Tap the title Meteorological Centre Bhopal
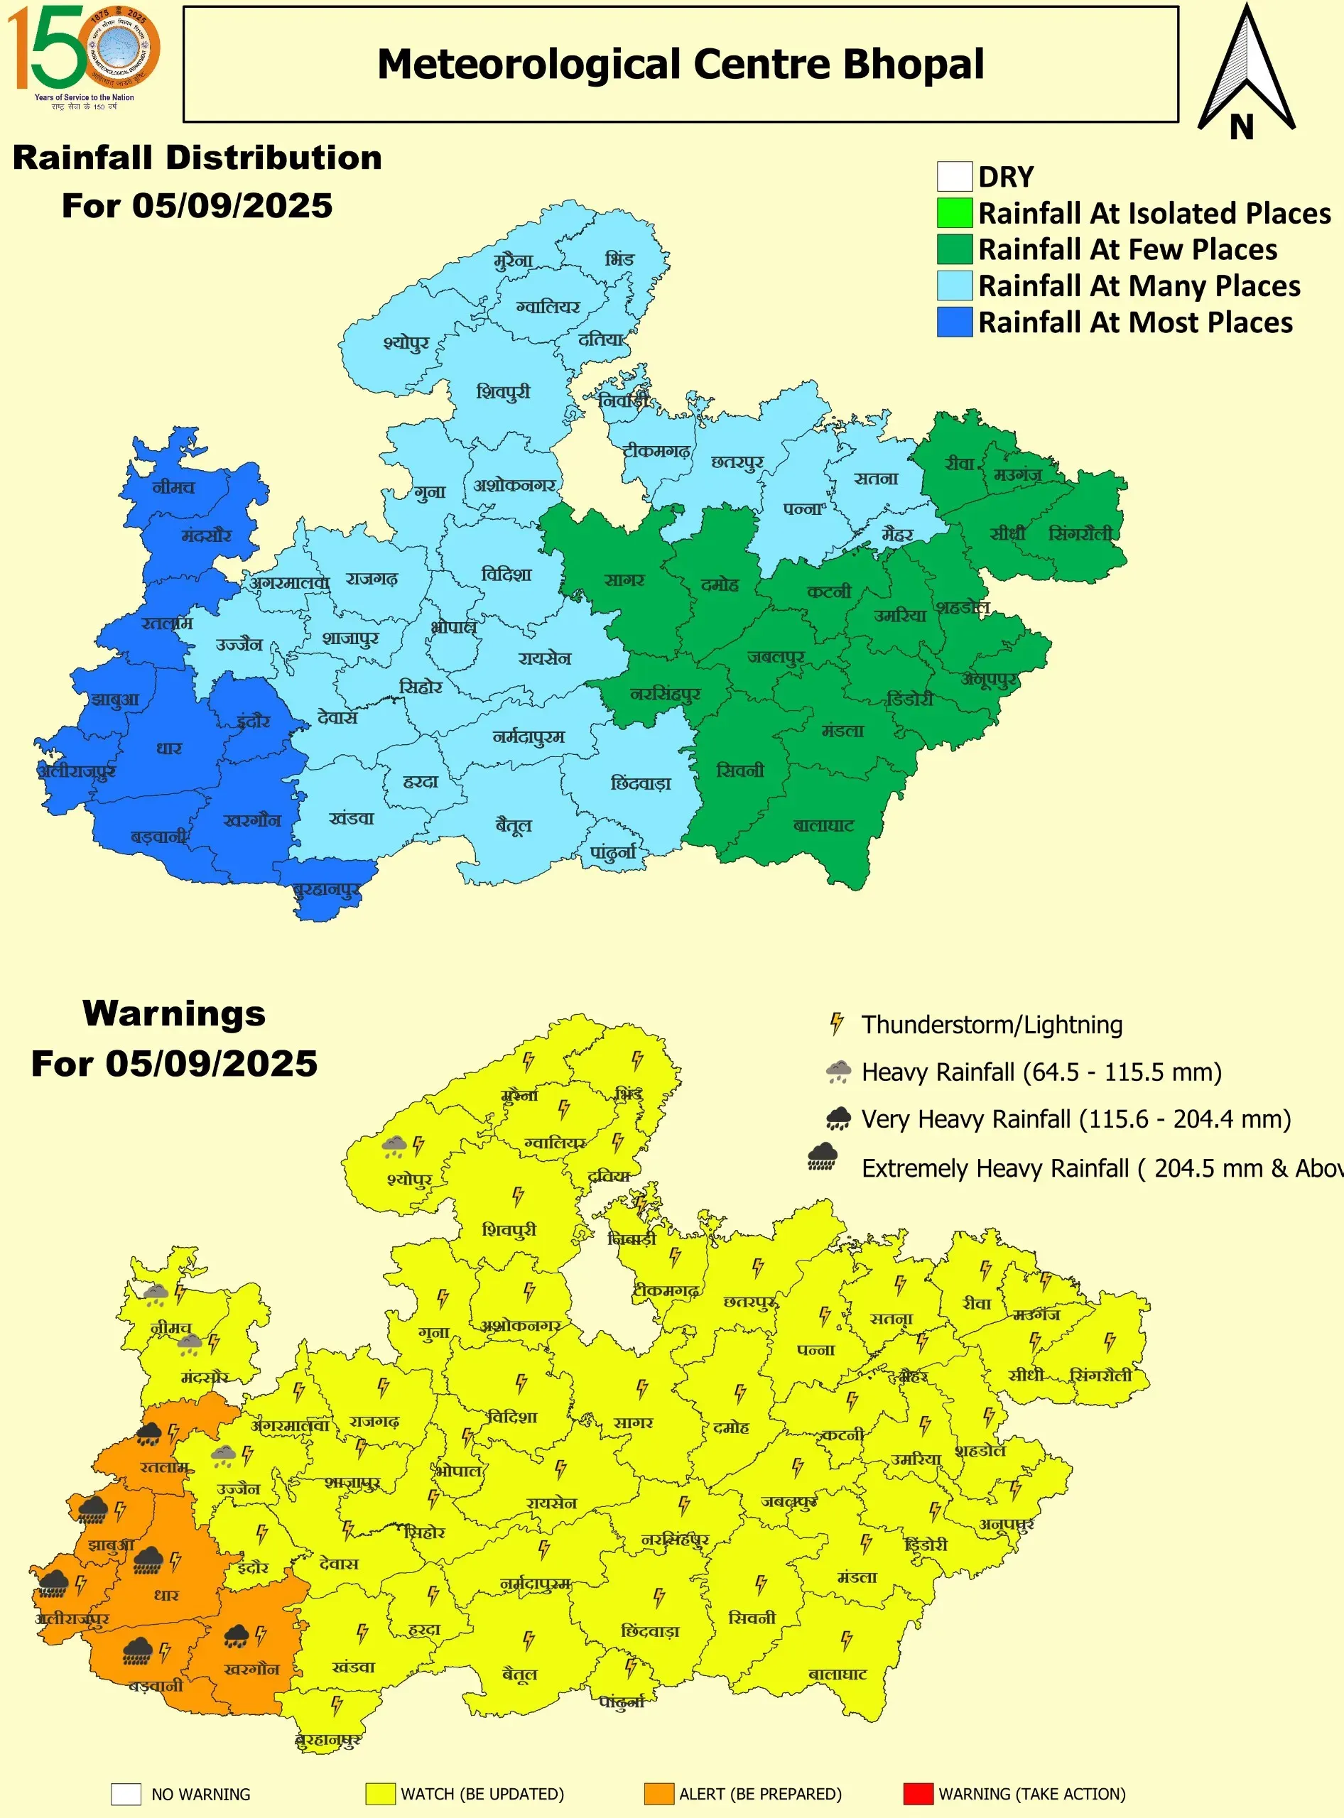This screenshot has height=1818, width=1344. (680, 64)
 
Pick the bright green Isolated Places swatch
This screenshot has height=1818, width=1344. (954, 213)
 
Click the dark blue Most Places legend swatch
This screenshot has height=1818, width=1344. (954, 322)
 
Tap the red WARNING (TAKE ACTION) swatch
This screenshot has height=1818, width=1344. (918, 1794)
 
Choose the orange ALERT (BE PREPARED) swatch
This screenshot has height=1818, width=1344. (659, 1794)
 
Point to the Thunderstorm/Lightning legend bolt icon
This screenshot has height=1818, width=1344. (836, 1023)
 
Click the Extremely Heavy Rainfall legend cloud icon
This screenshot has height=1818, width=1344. (823, 1157)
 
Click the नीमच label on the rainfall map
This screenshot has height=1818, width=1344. (173, 487)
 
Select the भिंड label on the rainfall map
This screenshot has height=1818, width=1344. (619, 258)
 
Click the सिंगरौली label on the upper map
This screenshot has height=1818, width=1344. (1080, 533)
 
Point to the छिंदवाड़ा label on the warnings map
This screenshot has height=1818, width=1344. (649, 1631)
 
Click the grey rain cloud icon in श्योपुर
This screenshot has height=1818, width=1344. (394, 1146)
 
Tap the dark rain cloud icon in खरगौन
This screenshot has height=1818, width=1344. (237, 1635)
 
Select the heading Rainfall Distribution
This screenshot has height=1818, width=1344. (197, 158)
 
